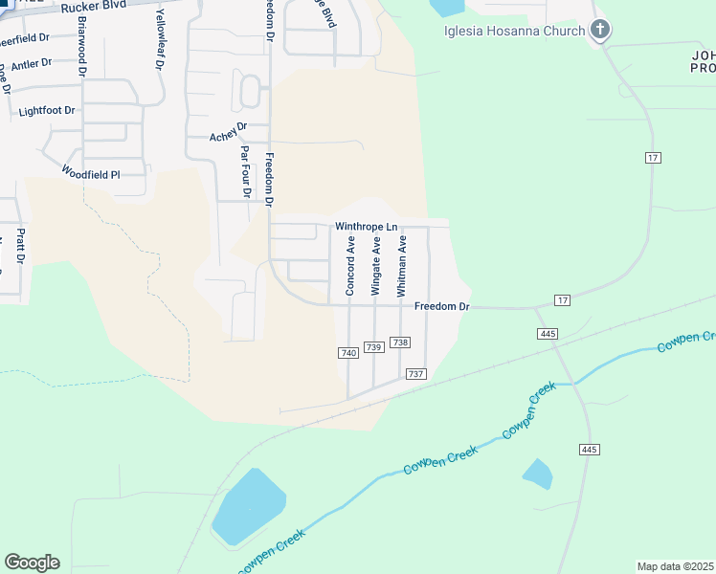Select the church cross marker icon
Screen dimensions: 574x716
(x=600, y=30)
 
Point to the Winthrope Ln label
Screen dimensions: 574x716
(x=366, y=227)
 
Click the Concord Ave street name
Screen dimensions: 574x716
(x=351, y=265)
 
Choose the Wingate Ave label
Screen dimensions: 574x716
(x=376, y=265)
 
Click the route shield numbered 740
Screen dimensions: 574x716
(x=348, y=353)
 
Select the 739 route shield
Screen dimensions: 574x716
(x=373, y=346)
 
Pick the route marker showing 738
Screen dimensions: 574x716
(x=400, y=342)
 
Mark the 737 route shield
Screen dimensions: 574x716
(x=415, y=373)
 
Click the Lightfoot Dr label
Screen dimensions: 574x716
(x=47, y=111)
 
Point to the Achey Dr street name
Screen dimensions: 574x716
(x=228, y=137)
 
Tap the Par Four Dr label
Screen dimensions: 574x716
(x=246, y=172)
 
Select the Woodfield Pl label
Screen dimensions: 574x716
(x=91, y=173)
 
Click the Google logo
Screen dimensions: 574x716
(x=32, y=563)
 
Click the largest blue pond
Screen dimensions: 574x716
(x=249, y=505)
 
